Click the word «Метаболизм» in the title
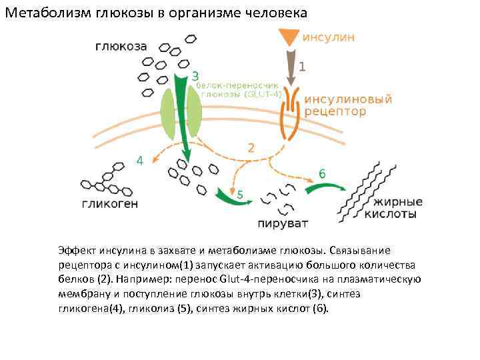point(43,13)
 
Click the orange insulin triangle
point(289,37)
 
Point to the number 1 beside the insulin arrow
point(302,67)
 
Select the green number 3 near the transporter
point(195,75)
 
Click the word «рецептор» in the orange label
point(335,112)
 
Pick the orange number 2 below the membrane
point(251,148)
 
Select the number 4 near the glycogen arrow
point(139,161)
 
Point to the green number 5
point(239,194)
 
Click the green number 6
point(322,173)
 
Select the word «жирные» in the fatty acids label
point(398,202)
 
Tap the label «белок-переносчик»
point(230,86)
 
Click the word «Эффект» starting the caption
point(77,251)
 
